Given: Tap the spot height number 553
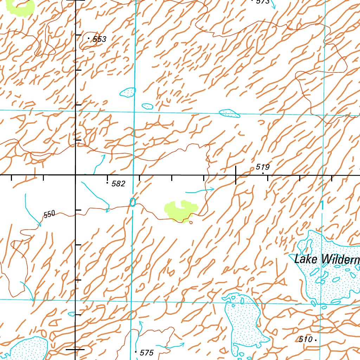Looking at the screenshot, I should click(x=99, y=39).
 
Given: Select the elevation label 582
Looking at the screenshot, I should click(x=118, y=184).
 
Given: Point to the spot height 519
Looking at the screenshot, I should click(x=263, y=167).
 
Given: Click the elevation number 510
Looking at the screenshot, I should click(x=306, y=340).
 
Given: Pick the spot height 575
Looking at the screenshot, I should click(x=147, y=353).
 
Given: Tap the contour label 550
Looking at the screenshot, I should click(x=49, y=214).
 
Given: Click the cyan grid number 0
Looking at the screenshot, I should click(x=133, y=202).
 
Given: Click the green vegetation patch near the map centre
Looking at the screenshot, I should click(x=179, y=211).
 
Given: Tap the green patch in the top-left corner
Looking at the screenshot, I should click(x=22, y=6).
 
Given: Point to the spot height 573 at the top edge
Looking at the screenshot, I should click(x=263, y=2).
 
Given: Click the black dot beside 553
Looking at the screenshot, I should click(x=88, y=38).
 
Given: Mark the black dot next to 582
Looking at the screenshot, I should click(x=107, y=183).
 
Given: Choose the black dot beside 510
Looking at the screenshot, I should click(x=316, y=340).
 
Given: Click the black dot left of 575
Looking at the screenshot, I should click(x=136, y=351).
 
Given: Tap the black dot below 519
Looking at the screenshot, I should click(x=263, y=173).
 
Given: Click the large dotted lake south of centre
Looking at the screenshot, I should click(x=244, y=322).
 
